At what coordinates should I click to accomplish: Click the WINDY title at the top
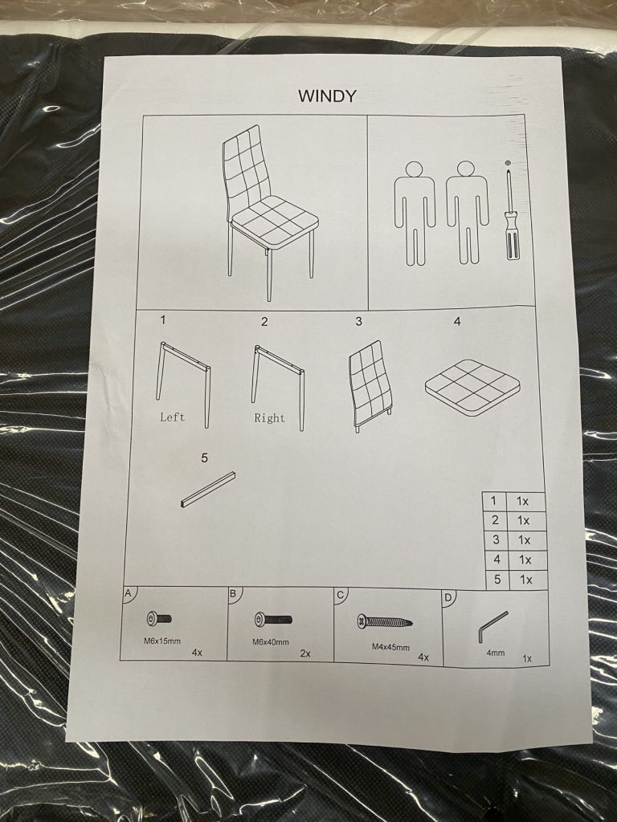(x=328, y=96)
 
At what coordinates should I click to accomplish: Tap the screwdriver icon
(x=509, y=213)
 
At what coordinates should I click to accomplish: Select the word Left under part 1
(x=172, y=417)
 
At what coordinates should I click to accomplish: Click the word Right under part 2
(x=270, y=417)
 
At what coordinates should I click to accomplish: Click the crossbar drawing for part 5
(x=208, y=490)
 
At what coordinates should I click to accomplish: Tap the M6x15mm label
(x=162, y=641)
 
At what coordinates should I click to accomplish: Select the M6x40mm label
(x=270, y=641)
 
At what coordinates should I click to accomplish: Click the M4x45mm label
(x=391, y=647)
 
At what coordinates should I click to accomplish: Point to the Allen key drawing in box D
(x=492, y=625)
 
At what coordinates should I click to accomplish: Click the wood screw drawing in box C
(x=384, y=622)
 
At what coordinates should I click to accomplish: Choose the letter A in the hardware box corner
(x=128, y=594)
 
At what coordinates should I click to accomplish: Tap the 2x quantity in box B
(x=305, y=653)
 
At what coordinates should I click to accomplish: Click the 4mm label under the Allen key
(x=495, y=653)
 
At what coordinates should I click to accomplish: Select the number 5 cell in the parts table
(x=496, y=580)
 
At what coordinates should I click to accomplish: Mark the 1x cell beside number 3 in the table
(x=524, y=540)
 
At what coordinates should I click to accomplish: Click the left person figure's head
(x=414, y=169)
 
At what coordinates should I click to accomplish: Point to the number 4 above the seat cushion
(x=457, y=322)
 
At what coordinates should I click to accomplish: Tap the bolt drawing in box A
(x=159, y=619)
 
